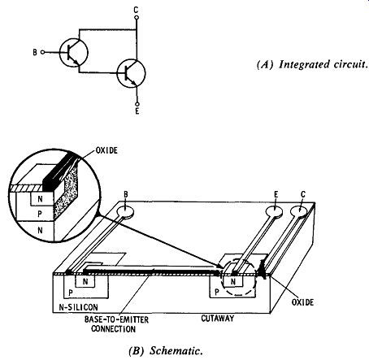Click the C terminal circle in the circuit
point(137,18)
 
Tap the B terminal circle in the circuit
point(42,52)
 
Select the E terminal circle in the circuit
point(137,104)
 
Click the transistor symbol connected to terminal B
point(74,52)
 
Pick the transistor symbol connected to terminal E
point(131,73)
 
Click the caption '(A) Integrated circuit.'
point(312,64)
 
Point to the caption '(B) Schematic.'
point(166,350)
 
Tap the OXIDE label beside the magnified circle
point(106,150)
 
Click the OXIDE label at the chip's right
point(302,302)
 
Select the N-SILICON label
point(79,307)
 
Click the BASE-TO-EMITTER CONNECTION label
point(116,324)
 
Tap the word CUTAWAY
point(218,318)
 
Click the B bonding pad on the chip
point(125,212)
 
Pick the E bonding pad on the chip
point(274,211)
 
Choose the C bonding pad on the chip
point(300,211)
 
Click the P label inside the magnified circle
point(40,214)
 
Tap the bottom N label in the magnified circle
point(40,230)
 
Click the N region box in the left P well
point(85,281)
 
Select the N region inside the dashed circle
point(233,281)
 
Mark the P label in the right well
point(217,292)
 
